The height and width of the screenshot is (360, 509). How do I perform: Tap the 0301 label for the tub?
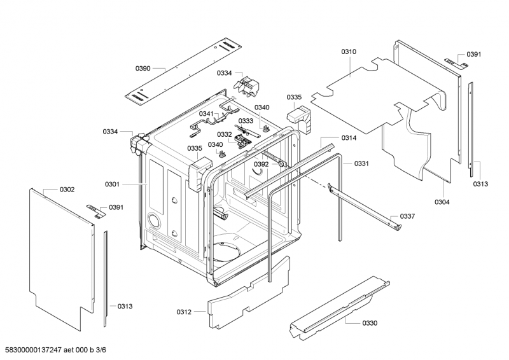coord(112,184)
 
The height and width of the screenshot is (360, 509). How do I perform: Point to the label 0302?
coord(67,190)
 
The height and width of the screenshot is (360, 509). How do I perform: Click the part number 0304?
coord(442,202)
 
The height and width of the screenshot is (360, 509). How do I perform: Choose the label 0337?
coord(407,216)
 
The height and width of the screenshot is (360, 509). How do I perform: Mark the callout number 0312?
coord(184,312)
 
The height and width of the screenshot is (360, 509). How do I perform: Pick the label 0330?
coord(370,323)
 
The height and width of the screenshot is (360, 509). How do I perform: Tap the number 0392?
coord(261,164)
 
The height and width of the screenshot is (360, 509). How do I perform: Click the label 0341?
coord(207,114)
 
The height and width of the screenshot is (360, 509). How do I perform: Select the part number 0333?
coord(246,121)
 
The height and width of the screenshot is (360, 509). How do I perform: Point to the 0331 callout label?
coord(361,163)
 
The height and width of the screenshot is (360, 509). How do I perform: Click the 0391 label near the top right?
coord(474,55)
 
